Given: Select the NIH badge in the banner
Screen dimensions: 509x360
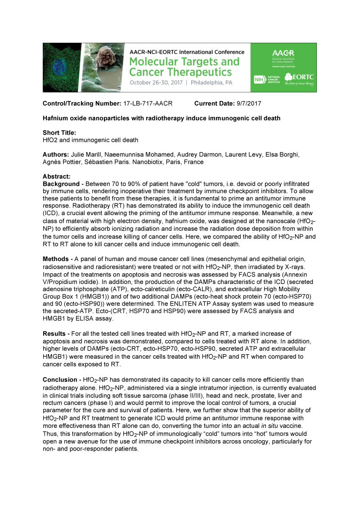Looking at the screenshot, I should tap(258, 77).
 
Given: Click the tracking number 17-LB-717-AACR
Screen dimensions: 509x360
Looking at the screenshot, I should tap(148, 104).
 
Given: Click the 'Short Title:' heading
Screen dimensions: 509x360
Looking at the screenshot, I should tap(59, 133).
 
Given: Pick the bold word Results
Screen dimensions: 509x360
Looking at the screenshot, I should tap(54, 333).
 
